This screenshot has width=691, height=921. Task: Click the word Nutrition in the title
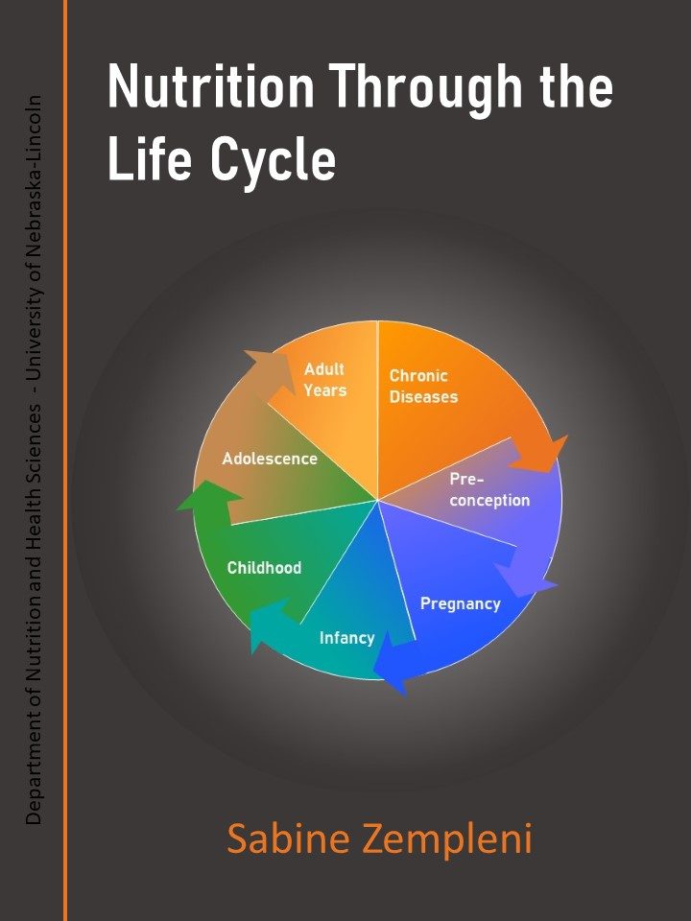210,87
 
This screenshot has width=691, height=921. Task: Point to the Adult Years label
324,380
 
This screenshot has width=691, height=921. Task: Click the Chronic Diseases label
422,387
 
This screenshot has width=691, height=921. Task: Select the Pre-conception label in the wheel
488,490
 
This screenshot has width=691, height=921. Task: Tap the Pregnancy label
461,603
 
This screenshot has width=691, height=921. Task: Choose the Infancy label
346,638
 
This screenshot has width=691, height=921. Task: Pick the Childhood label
264,568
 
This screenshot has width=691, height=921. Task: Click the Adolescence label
270,459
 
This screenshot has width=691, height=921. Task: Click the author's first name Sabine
286,839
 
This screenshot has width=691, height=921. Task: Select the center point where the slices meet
378,500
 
